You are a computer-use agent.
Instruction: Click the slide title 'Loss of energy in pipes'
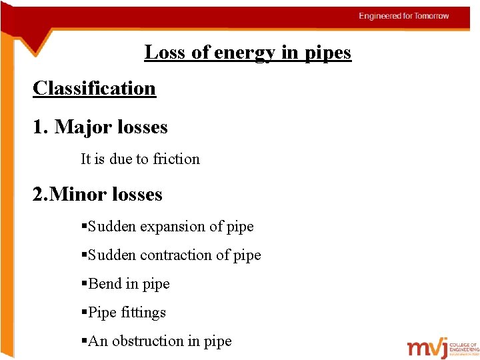[247, 52]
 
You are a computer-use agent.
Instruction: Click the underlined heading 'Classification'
[94, 88]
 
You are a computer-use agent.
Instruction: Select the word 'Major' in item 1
[83, 127]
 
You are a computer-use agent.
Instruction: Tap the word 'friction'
[176, 159]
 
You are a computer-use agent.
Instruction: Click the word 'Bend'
[105, 283]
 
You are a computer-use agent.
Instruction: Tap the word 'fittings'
[144, 312]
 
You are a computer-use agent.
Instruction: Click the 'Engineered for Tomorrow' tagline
[404, 16]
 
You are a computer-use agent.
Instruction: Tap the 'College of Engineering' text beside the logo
[464, 347]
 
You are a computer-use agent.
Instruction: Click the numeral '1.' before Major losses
[40, 127]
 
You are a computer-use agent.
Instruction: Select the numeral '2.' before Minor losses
[40, 194]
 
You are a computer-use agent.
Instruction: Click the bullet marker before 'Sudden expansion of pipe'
[84, 227]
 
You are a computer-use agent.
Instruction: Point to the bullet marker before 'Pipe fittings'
[84, 313]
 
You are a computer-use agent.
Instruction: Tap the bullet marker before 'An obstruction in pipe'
[84, 341]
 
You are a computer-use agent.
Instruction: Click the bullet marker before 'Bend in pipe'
[84, 284]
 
